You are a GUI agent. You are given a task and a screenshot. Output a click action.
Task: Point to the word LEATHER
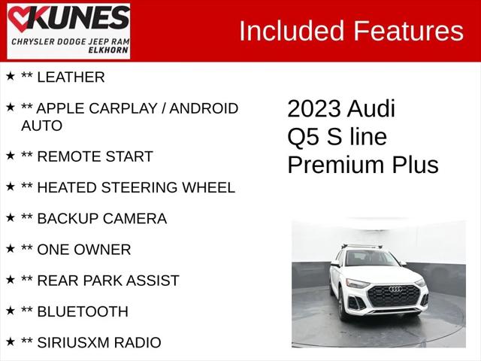coord(71,77)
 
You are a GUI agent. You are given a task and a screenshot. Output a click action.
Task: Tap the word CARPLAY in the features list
coord(120,108)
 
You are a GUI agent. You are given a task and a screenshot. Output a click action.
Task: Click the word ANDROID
coord(204,108)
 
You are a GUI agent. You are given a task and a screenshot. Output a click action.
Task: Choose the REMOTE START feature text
coord(95,156)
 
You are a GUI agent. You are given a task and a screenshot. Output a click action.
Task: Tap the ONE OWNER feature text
coord(83,250)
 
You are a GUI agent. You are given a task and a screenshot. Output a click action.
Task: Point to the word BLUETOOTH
coord(83,311)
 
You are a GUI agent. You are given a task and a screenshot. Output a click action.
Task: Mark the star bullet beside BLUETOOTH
coord(10,310)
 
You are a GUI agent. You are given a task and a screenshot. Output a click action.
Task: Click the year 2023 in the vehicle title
coord(313,109)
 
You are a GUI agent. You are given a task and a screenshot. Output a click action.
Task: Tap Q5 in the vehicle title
coord(303,138)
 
